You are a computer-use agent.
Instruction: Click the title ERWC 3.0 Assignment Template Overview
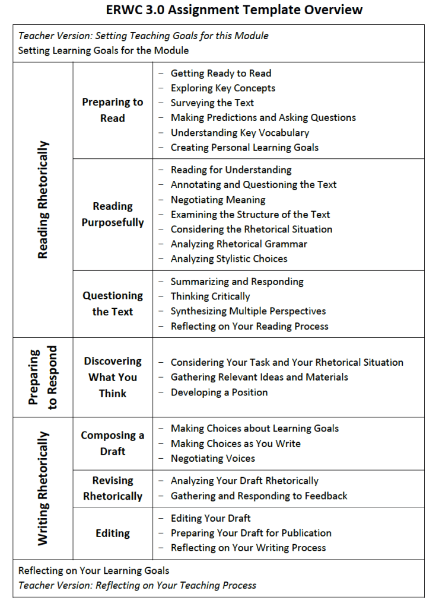coord(234,10)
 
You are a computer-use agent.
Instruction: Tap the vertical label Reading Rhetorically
coord(43,200)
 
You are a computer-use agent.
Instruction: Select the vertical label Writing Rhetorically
coord(43,488)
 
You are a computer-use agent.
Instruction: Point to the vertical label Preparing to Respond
coord(43,378)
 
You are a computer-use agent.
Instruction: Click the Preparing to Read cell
coord(113,110)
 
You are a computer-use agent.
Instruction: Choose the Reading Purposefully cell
coord(113,214)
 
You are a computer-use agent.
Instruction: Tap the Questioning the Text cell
coord(113,303)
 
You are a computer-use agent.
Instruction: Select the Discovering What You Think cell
coord(113,377)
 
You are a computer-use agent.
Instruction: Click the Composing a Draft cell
coord(113,443)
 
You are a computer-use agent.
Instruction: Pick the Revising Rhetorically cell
coord(113,488)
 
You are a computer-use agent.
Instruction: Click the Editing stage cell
coord(113,533)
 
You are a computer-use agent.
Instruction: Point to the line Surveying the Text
coord(212,103)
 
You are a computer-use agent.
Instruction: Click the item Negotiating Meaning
coord(218,200)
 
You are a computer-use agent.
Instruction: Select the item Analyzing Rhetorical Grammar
coord(239,244)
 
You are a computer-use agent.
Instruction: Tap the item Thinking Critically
coord(210,296)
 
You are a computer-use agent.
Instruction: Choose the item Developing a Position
coord(219,392)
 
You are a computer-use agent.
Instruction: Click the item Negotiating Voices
coord(213,458)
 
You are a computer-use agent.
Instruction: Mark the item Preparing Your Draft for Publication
coord(251,533)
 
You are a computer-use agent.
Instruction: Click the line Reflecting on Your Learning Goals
coord(94,571)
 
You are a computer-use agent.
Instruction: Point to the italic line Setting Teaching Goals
coord(144,36)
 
